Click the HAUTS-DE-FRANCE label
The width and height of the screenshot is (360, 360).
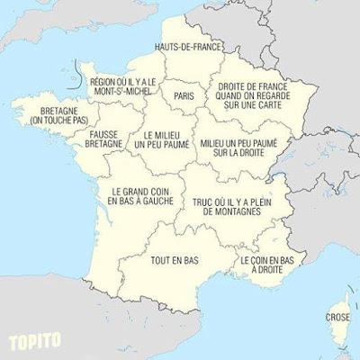click(x=189, y=47)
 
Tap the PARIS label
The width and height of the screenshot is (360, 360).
click(x=184, y=94)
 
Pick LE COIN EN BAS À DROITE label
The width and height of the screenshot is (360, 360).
click(x=267, y=264)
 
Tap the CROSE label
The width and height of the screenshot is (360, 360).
click(x=338, y=318)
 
